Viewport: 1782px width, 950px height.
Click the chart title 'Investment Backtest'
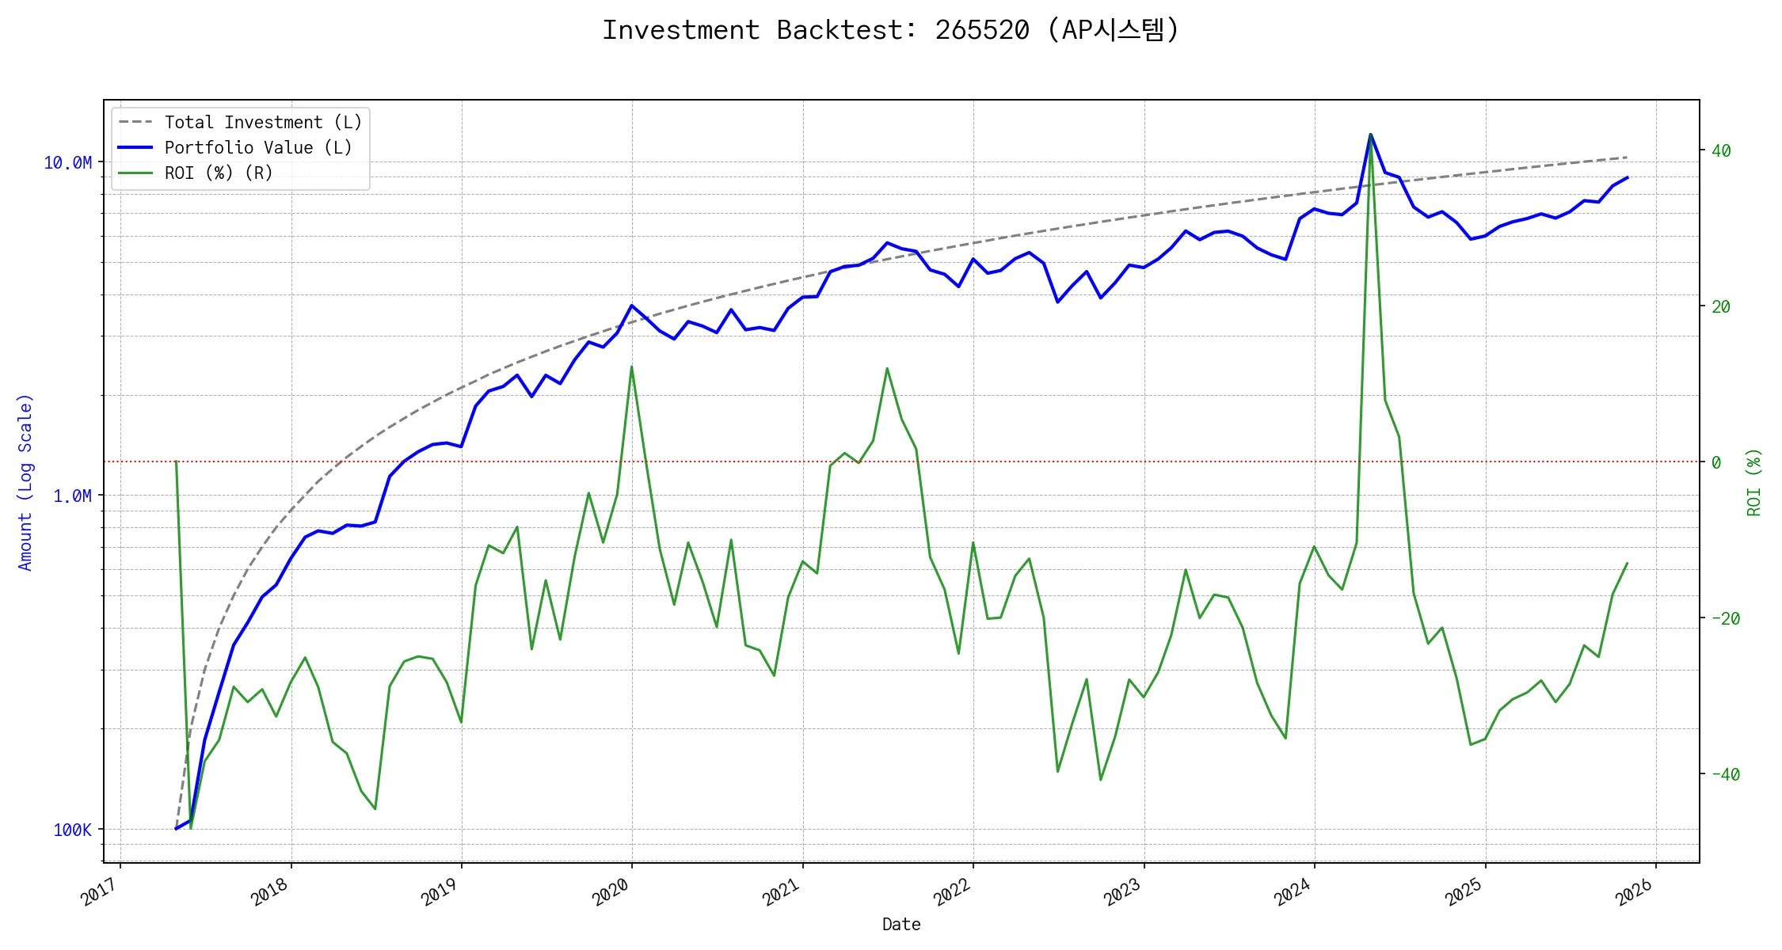point(890,30)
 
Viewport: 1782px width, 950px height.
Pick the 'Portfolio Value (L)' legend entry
point(258,148)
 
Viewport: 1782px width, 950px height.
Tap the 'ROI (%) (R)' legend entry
point(219,173)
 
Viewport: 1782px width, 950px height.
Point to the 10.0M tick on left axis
point(67,163)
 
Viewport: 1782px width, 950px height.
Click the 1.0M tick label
point(72,496)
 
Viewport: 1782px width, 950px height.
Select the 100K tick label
point(72,830)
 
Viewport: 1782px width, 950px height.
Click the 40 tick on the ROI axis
point(1720,150)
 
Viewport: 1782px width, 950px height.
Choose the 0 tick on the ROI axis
point(1715,462)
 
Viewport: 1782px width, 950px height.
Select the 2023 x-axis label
point(1124,893)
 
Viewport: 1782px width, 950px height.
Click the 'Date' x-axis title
point(901,925)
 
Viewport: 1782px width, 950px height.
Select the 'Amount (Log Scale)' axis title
point(25,482)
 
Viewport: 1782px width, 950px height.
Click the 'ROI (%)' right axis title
point(1754,482)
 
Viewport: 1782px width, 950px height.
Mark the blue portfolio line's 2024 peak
point(1370,135)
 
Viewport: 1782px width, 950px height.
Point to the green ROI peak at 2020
point(631,367)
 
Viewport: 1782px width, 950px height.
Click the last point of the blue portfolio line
point(1628,177)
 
